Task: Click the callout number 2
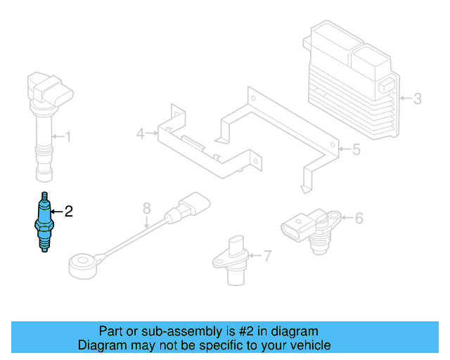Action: coord(69,211)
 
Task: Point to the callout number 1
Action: coord(68,136)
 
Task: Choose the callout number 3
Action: coord(417,98)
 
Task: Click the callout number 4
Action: coord(141,133)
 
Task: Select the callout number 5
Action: coord(355,149)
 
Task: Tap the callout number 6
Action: coord(359,219)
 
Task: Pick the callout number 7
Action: coord(266,256)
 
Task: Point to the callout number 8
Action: coord(146,208)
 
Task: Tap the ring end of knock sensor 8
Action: coord(83,265)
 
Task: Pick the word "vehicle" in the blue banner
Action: coord(307,345)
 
